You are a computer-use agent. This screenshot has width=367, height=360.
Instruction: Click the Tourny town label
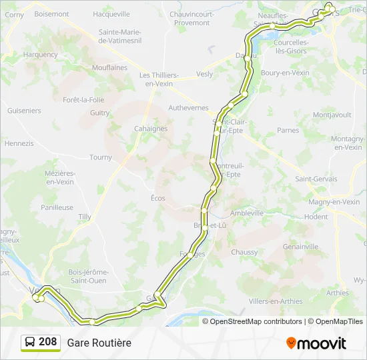101,157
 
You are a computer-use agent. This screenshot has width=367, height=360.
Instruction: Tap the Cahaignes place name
150,129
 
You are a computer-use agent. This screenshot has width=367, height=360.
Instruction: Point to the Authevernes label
188,107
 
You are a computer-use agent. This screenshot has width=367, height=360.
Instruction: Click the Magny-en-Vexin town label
334,202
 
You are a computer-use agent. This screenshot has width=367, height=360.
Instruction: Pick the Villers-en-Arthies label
275,301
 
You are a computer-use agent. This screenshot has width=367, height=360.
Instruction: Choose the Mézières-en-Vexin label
59,177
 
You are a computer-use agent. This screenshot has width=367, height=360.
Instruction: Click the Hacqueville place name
111,13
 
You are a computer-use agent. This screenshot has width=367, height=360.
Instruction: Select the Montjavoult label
332,115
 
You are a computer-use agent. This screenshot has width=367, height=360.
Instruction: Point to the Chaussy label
244,252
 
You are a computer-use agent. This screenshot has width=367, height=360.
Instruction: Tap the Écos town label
157,198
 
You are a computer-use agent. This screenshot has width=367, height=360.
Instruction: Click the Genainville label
300,246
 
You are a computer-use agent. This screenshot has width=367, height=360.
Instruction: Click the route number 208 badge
47,342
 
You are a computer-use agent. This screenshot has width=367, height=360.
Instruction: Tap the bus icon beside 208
30,343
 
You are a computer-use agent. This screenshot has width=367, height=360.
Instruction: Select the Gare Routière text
99,343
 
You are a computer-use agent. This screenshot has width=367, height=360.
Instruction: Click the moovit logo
316,343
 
